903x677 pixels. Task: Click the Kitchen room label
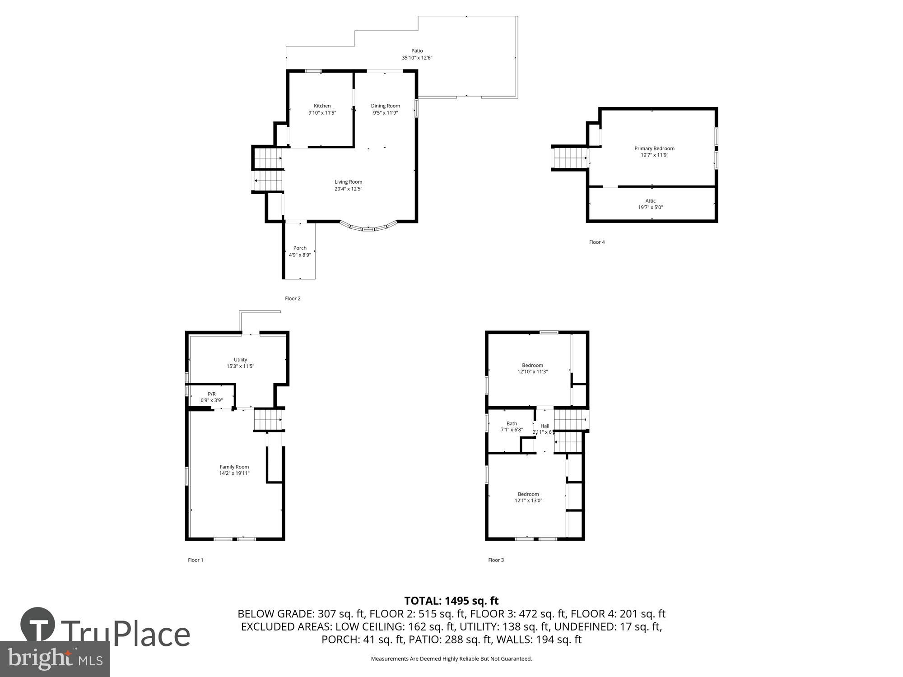322,106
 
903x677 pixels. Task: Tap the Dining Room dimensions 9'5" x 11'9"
385,113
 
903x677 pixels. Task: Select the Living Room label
348,182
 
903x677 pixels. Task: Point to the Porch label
300,248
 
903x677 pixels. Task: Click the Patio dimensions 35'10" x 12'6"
417,58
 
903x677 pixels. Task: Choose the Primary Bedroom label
654,148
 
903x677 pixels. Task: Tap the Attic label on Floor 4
650,201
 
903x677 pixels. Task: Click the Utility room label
240,360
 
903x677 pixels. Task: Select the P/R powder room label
211,394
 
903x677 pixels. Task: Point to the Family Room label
234,467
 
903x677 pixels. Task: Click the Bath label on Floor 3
512,423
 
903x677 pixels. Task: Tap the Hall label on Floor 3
545,426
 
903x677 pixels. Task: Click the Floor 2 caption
293,298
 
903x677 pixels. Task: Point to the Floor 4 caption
596,242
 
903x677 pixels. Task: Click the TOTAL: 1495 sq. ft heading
451,601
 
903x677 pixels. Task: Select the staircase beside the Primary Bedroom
570,158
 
